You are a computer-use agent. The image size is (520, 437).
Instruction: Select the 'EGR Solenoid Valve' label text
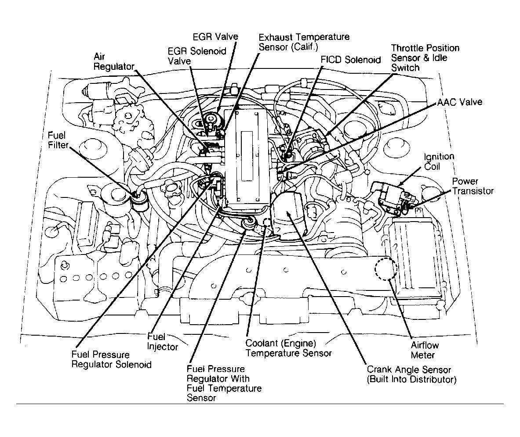(197, 56)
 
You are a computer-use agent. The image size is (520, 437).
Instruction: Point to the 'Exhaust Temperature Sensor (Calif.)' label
(304, 42)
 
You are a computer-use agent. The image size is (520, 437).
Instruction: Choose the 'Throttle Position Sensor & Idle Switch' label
(425, 58)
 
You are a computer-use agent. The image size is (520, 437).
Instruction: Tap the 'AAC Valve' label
(459, 102)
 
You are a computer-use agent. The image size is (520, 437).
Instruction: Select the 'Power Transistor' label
(473, 186)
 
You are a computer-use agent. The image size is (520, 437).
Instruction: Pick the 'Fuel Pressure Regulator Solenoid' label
(111, 359)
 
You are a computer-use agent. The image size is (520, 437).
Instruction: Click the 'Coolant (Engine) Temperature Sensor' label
(288, 348)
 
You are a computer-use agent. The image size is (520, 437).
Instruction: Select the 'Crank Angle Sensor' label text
(409, 370)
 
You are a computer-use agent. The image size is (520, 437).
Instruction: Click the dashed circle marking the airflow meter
(386, 269)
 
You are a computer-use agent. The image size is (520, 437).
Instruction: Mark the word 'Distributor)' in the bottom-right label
(433, 380)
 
